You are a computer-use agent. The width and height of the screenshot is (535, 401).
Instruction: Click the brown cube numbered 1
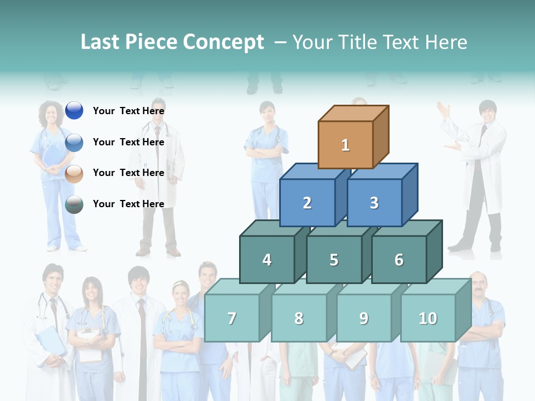coord(346,145)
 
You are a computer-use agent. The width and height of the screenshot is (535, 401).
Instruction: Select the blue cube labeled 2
coord(307,203)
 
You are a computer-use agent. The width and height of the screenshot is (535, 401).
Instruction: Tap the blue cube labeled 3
coord(374,203)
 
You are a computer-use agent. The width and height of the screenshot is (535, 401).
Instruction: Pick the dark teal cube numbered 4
coord(267,260)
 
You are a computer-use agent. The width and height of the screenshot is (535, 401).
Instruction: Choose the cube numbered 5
coord(334,260)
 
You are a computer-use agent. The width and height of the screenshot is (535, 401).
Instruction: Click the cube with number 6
coord(399,260)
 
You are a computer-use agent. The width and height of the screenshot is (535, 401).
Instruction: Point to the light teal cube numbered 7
coord(232,318)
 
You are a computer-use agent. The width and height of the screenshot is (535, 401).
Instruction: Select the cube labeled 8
coord(299,318)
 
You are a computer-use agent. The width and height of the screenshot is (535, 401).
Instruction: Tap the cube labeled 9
coord(363,318)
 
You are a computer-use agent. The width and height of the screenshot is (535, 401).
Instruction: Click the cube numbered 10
coord(428,318)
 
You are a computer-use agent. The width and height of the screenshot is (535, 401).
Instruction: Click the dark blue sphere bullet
coord(74,111)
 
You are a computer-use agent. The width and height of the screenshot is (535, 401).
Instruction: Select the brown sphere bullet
coord(74,173)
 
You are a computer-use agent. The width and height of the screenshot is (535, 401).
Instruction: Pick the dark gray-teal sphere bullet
coord(74,204)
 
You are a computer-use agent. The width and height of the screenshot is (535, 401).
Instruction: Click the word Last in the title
coord(102,42)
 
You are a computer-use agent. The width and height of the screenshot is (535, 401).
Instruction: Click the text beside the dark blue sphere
coord(129,111)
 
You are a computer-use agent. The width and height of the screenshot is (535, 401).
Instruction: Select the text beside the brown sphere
coord(129,173)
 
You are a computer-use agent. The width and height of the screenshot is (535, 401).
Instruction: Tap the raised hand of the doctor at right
coord(444,109)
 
